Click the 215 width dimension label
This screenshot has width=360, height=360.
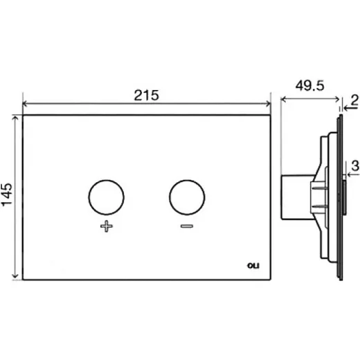pyautogui.click(x=147, y=95)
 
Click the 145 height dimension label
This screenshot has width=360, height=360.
pyautogui.click(x=6, y=195)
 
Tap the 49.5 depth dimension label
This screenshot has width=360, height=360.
pyautogui.click(x=310, y=86)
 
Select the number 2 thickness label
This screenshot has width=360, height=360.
pyautogui.click(x=355, y=100)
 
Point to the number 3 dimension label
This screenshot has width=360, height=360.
pyautogui.click(x=355, y=165)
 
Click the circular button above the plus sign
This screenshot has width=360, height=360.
pyautogui.click(x=107, y=197)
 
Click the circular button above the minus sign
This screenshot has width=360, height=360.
pyautogui.click(x=187, y=197)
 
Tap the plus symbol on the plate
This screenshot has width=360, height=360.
pyautogui.click(x=107, y=226)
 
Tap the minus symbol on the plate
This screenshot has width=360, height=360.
pyautogui.click(x=187, y=226)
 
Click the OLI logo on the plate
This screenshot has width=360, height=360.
pyautogui.click(x=253, y=266)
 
